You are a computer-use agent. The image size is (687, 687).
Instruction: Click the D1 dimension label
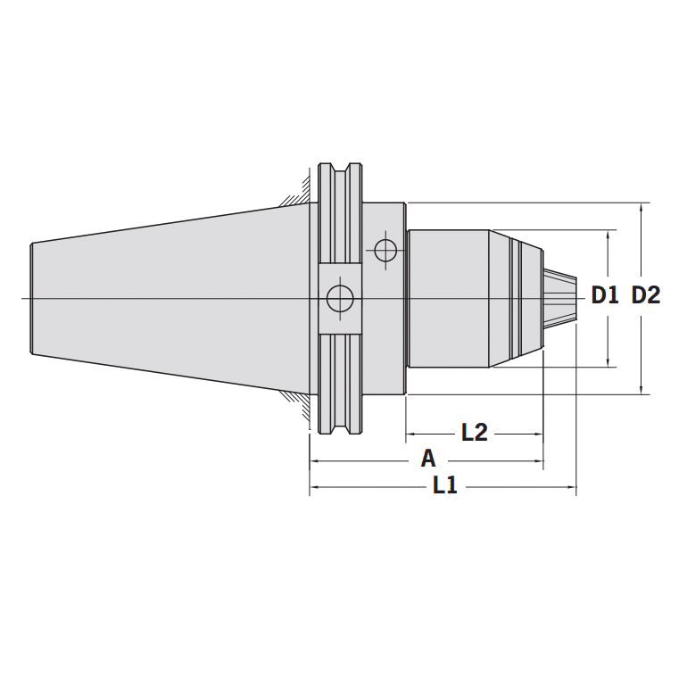click(604, 295)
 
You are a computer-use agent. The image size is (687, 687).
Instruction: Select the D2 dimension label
click(645, 295)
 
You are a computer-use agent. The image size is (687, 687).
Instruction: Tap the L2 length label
click(474, 433)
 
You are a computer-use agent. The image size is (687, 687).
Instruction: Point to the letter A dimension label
click(428, 459)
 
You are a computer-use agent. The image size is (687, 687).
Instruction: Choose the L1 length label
click(444, 486)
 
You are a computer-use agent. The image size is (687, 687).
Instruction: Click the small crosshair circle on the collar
click(385, 251)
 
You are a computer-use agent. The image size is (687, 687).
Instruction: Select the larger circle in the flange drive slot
click(339, 298)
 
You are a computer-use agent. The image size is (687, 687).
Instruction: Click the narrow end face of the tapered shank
click(32, 297)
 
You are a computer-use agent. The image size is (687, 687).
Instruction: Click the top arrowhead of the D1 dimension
click(609, 235)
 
